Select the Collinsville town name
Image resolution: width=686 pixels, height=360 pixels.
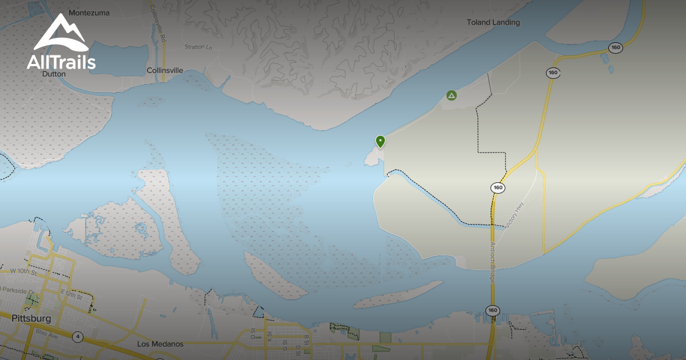point(165,70)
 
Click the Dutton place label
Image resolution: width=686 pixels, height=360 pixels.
point(54,74)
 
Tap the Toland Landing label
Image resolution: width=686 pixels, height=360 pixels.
point(493,22)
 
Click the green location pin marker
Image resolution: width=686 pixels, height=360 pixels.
point(380,141)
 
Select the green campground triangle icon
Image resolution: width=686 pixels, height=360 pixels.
point(452,95)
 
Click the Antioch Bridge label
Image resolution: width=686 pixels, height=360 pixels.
point(491,263)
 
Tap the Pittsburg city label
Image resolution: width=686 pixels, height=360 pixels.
point(31,318)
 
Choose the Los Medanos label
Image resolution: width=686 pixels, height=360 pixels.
point(161,344)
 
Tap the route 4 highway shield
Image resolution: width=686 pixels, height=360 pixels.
point(77,337)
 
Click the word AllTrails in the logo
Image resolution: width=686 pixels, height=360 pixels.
point(61,62)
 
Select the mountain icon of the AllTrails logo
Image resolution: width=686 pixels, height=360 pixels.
point(60,33)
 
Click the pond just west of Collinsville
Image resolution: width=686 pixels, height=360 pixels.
point(117,57)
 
